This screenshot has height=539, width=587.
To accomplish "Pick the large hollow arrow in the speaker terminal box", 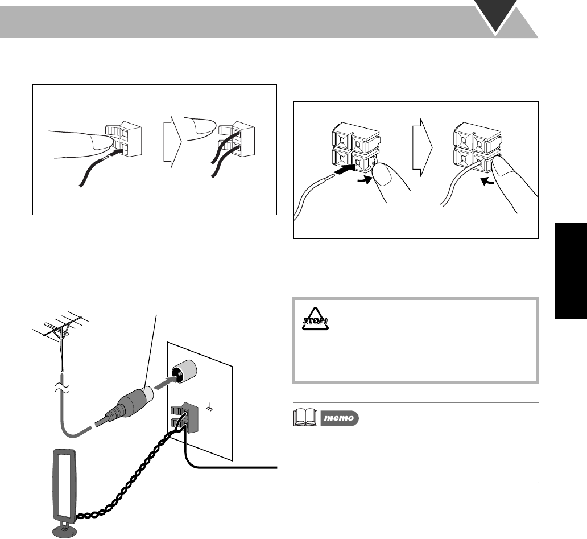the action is [x=421, y=149].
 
